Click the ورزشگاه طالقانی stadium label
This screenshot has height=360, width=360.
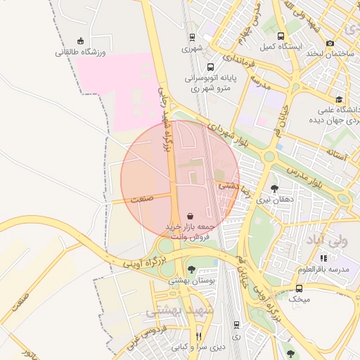[x=81, y=52]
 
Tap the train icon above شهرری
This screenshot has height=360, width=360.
[x=192, y=37]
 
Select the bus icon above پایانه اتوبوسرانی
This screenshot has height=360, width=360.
[x=210, y=67]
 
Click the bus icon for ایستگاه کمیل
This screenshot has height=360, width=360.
[x=281, y=36]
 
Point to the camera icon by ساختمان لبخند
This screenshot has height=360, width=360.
[x=330, y=43]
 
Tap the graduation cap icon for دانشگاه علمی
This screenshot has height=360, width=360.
[x=340, y=99]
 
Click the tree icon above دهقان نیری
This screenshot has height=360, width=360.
[x=274, y=188]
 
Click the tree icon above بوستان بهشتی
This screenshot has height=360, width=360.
[x=191, y=269]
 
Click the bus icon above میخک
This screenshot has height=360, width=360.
[x=300, y=288]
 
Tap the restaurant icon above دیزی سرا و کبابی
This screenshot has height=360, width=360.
[x=198, y=336]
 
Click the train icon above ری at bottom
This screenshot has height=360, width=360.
[x=236, y=325]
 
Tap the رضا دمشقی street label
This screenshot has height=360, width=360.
[x=232, y=186]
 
